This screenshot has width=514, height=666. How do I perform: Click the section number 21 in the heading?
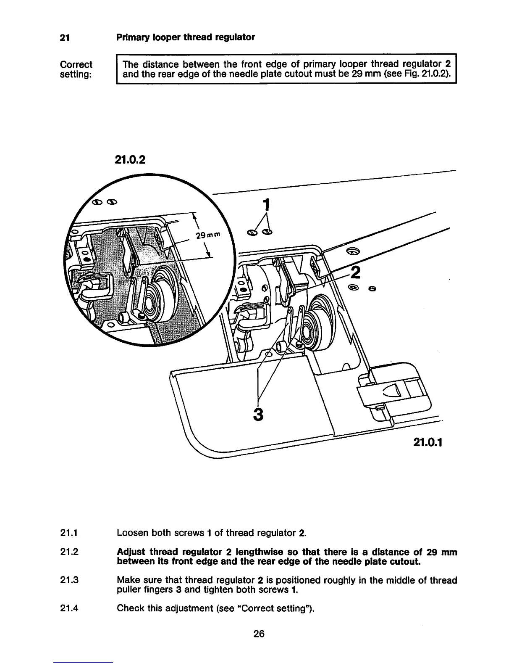tap(64, 37)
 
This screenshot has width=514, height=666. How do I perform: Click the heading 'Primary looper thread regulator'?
tap(185, 37)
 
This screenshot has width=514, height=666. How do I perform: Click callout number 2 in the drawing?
tap(355, 272)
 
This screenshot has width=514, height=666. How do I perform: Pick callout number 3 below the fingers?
tap(258, 414)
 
